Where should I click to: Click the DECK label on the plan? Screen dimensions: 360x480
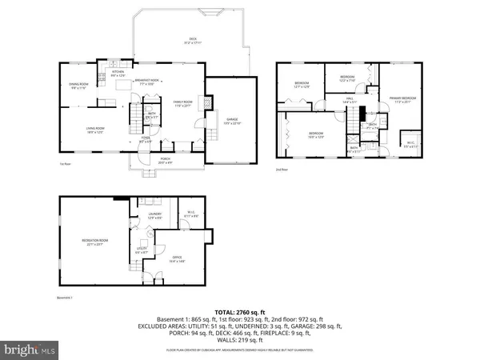click(x=193, y=39)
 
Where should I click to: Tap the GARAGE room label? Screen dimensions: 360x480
click(x=231, y=119)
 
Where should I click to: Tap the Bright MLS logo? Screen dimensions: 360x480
click(x=30, y=350)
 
